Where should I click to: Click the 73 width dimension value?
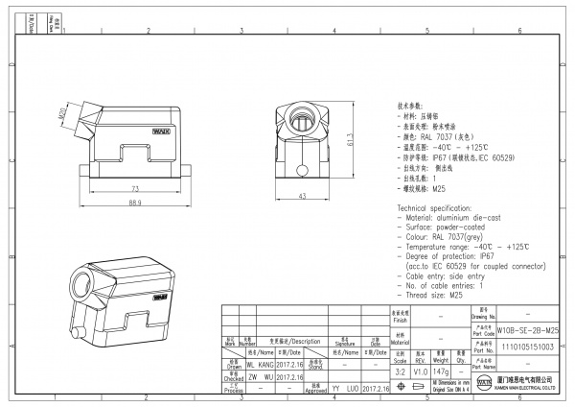[x=135, y=189]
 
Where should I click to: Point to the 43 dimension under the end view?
[x=302, y=196]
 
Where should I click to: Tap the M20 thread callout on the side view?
[x=60, y=115]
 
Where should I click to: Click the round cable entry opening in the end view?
[x=302, y=123]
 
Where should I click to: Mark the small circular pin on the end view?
[x=302, y=172]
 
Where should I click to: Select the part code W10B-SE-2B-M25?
[x=528, y=329]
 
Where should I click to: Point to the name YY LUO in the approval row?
[x=344, y=390]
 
